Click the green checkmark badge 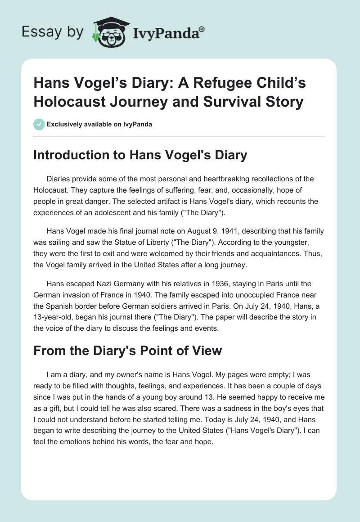(x=39, y=124)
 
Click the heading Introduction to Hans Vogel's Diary (x=140, y=155)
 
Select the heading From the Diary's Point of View (x=128, y=350)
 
